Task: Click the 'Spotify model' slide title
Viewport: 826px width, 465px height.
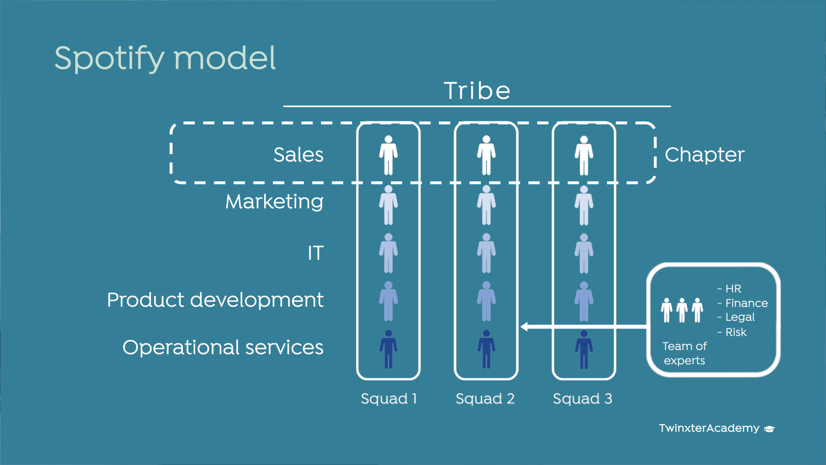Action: tap(165, 59)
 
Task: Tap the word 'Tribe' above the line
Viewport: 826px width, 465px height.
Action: tap(478, 91)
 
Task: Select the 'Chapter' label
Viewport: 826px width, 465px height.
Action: tap(705, 155)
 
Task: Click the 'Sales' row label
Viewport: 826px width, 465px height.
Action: tap(299, 155)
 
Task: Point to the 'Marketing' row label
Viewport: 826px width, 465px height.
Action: tap(274, 202)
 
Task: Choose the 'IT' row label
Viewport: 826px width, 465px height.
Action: tap(316, 253)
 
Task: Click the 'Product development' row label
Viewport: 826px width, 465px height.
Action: tap(215, 300)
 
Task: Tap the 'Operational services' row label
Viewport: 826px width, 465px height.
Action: tap(223, 347)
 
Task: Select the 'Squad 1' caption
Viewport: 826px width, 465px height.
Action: tap(389, 399)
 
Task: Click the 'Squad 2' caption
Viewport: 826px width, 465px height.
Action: tap(485, 399)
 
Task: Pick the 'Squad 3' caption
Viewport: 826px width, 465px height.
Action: tap(583, 399)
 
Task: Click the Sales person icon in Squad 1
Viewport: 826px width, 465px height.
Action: tap(388, 155)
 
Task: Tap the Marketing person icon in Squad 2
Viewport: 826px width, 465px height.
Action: tap(487, 205)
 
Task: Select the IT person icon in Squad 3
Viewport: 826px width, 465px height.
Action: tap(584, 254)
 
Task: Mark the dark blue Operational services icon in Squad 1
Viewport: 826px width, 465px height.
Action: tap(388, 349)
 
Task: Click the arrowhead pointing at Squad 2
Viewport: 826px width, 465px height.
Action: tap(524, 327)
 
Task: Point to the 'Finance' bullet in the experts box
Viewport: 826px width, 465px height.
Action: tap(746, 303)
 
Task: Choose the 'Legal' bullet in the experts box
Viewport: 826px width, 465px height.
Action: tap(740, 317)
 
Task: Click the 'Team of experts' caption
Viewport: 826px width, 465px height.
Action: tap(684, 353)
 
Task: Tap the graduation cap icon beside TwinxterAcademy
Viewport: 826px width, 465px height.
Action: tap(769, 429)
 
